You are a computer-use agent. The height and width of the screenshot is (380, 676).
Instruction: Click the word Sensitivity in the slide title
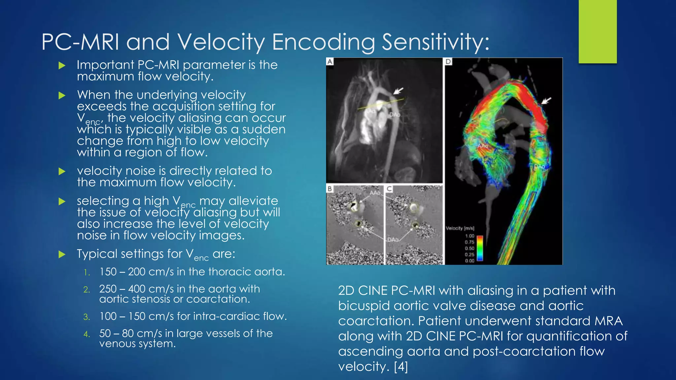(435, 42)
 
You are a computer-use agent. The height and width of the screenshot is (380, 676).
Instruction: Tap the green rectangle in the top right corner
(597, 31)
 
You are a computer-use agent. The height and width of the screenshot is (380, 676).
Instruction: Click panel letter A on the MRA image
(330, 62)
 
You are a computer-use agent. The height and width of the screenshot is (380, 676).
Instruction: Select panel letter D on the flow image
(448, 62)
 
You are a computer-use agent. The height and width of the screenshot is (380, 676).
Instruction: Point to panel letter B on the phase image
(329, 189)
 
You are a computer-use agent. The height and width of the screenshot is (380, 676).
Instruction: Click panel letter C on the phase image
(389, 189)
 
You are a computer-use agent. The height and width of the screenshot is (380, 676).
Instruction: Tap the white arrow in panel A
(398, 91)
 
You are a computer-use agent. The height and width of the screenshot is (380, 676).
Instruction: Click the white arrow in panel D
(546, 100)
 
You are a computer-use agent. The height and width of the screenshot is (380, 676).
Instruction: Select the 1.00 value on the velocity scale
(469, 236)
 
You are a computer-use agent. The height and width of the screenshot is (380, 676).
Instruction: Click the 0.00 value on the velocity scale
(469, 261)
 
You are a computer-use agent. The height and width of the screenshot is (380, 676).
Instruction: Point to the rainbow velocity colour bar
(480, 248)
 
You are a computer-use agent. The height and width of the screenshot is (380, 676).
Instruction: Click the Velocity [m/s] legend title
(460, 228)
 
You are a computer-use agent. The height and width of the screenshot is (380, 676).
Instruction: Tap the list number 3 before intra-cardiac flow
(86, 317)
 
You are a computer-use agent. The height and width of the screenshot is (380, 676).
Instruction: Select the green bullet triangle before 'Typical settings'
(62, 254)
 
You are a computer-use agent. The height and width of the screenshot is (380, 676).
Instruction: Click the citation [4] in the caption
(401, 366)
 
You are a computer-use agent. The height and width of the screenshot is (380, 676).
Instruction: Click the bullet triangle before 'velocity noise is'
(62, 171)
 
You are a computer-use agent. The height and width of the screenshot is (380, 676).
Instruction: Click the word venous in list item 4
(117, 344)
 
